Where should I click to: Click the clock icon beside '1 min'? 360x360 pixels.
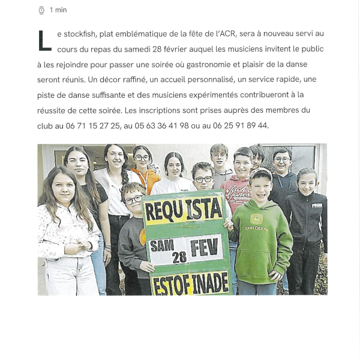click(41, 10)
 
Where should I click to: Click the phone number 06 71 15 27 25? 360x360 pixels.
click(92, 126)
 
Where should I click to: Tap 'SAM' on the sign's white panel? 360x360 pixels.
click(161, 245)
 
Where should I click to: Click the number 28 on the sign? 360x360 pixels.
click(179, 257)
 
